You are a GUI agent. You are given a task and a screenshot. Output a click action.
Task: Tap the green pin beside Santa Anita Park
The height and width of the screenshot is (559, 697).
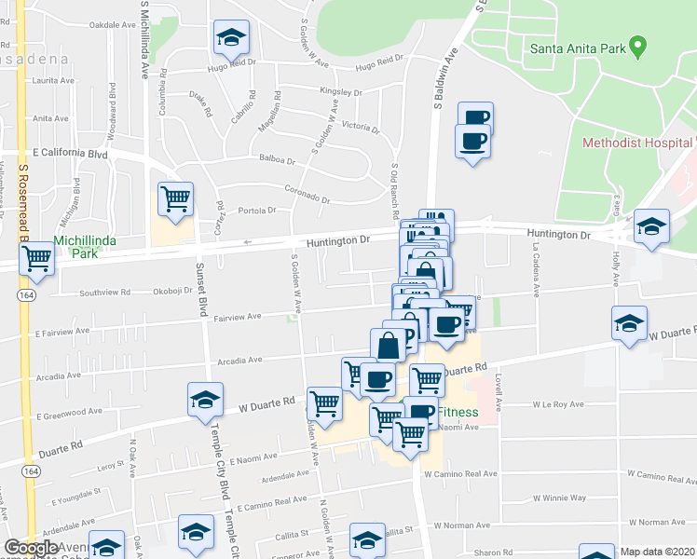(x=637, y=44)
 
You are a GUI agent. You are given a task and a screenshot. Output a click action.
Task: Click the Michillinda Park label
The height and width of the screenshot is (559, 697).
(x=89, y=246)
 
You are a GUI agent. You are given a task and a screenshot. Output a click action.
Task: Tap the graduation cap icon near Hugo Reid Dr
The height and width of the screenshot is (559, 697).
(x=230, y=37)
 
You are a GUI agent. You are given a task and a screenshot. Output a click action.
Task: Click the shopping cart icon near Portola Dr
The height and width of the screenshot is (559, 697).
(x=175, y=199)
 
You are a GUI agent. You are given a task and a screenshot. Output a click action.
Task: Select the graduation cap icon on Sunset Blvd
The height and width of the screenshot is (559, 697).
(x=205, y=399)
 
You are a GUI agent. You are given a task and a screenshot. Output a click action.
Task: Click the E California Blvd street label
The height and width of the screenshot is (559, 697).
(x=70, y=152)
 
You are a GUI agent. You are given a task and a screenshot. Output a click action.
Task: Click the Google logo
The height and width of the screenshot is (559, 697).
(x=31, y=549)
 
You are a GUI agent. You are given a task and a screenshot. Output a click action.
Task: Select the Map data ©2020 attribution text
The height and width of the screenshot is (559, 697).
(x=657, y=552)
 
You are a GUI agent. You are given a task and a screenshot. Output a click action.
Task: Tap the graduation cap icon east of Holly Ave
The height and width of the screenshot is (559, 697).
(x=651, y=226)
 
